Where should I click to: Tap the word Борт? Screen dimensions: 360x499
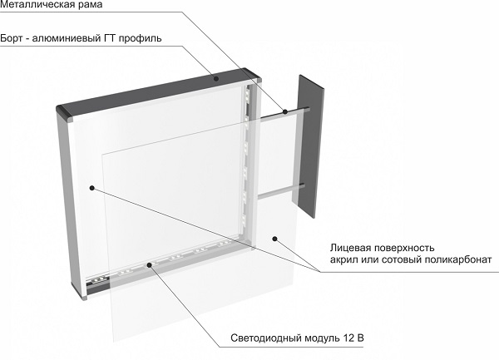click(x=14, y=38)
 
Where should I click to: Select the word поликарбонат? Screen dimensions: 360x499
click(x=459, y=261)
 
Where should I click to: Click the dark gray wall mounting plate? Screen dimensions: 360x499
click(x=309, y=145)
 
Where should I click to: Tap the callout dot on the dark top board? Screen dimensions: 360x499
click(x=215, y=79)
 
